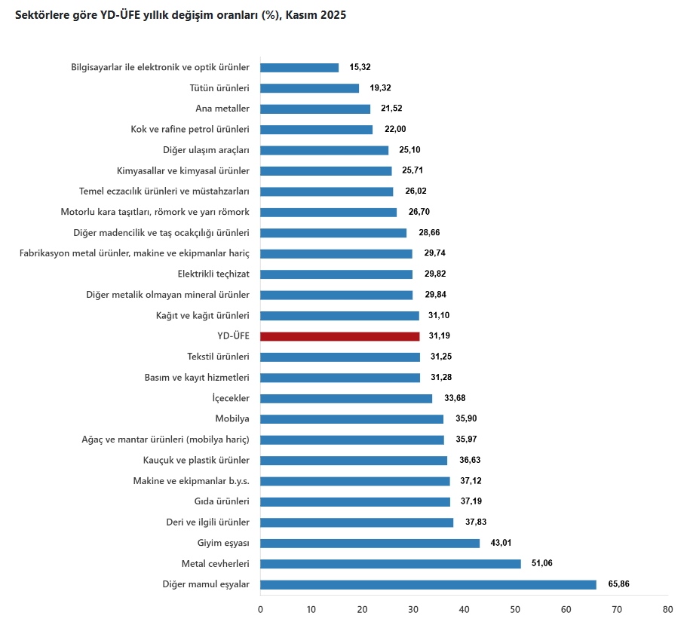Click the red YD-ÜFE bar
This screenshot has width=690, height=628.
pos(339,336)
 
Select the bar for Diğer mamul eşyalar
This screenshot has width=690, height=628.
pos(428,584)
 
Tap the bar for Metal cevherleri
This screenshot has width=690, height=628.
pos(390,564)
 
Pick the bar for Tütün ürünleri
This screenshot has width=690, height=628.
pos(309,88)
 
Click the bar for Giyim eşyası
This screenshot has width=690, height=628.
pos(370,543)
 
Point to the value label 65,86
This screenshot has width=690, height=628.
pos(618,584)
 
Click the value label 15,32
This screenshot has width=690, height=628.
pos(360,67)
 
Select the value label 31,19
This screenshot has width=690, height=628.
pos(440,336)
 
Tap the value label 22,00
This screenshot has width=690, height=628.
pos(395,129)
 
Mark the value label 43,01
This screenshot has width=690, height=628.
pos(501,543)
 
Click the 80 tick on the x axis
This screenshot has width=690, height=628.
pos(667,609)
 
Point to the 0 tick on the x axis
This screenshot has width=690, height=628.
pos(260,609)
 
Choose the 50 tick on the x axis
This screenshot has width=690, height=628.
pos(514,609)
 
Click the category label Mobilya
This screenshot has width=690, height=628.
pos(232,419)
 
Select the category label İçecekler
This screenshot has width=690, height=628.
pos(231,398)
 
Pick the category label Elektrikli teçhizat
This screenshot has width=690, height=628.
pos(213,274)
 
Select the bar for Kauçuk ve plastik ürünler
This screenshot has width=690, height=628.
pos(354,461)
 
